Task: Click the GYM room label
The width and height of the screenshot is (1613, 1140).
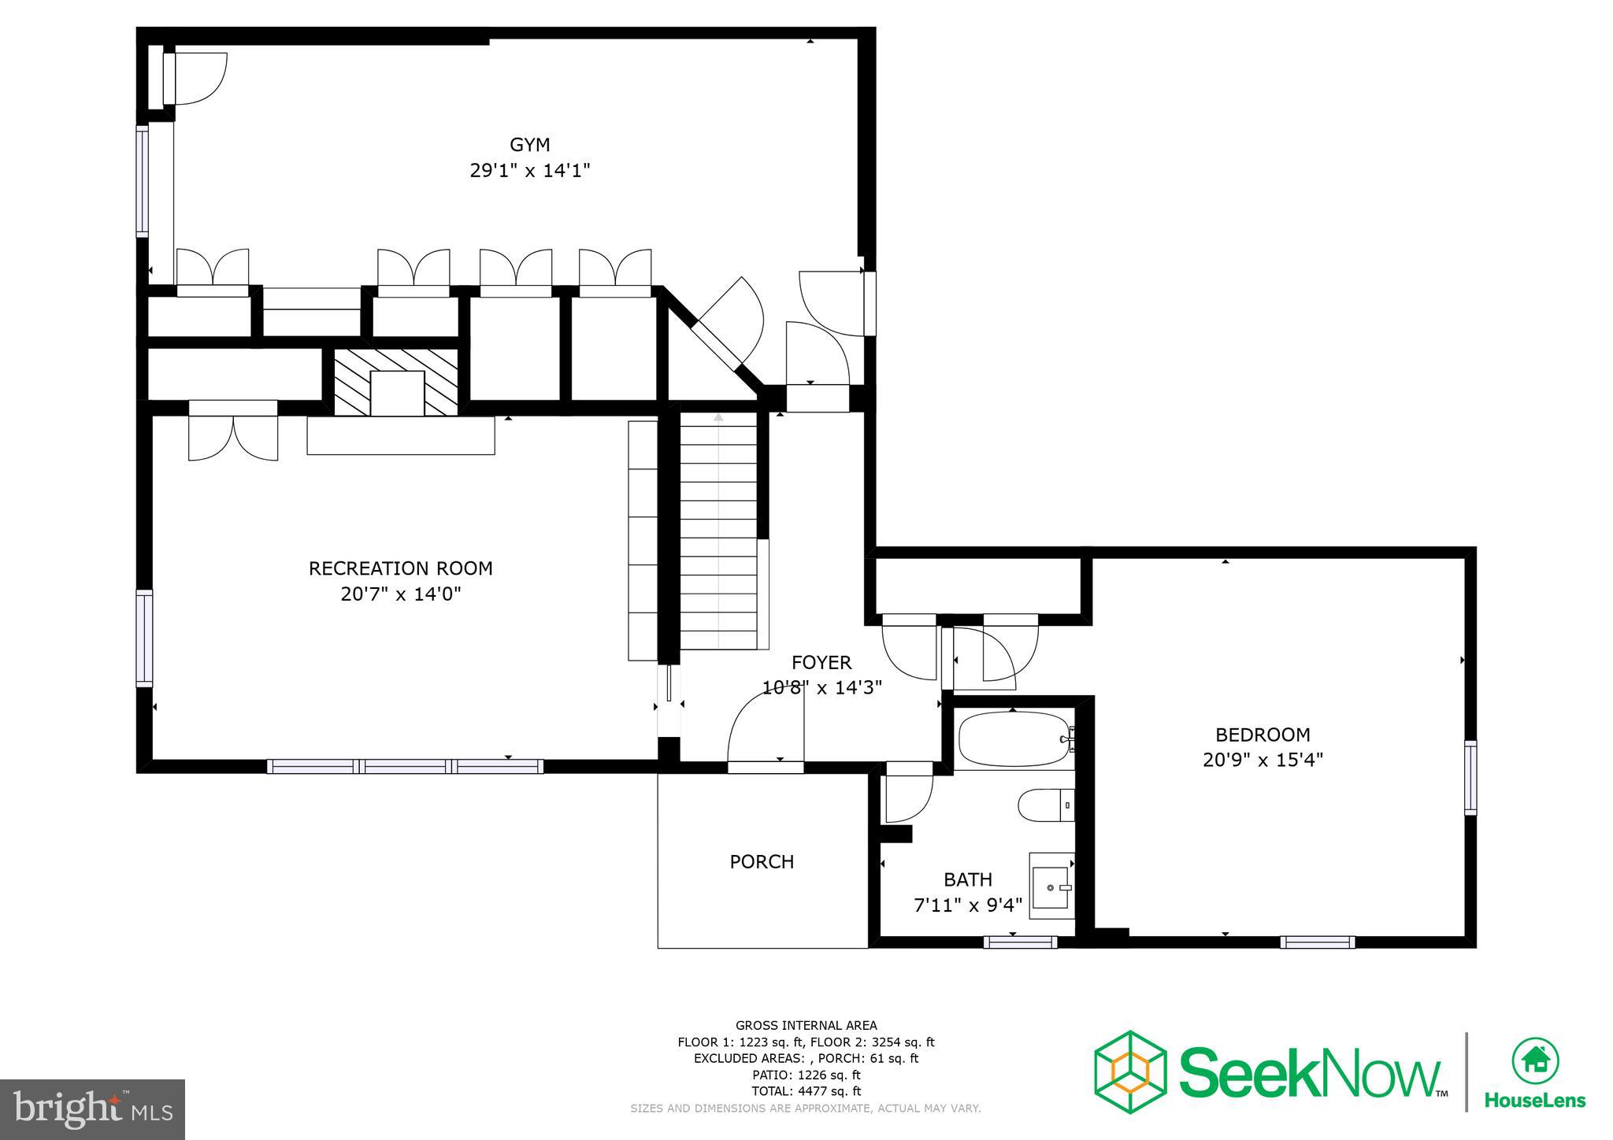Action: pyautogui.click(x=529, y=145)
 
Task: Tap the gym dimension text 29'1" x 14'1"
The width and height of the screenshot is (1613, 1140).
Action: pyautogui.click(x=529, y=170)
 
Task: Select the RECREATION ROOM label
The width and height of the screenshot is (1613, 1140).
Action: pyautogui.click(x=400, y=568)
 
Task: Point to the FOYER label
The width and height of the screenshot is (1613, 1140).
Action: pyautogui.click(x=821, y=663)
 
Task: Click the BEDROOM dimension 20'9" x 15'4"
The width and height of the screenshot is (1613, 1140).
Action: pyautogui.click(x=1263, y=760)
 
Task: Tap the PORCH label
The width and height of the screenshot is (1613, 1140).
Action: pyautogui.click(x=762, y=862)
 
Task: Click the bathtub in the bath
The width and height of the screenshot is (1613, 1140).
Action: pyautogui.click(x=1011, y=739)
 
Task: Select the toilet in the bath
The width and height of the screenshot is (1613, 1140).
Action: pyautogui.click(x=1044, y=805)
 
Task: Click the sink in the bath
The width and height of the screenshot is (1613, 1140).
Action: pyautogui.click(x=1051, y=886)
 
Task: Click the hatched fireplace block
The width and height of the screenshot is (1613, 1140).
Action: pyautogui.click(x=397, y=382)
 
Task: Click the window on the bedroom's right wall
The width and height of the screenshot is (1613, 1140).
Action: pyautogui.click(x=1470, y=777)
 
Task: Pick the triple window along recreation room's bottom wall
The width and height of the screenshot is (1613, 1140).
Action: pyautogui.click(x=405, y=766)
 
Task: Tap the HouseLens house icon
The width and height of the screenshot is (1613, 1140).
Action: pyautogui.click(x=1535, y=1060)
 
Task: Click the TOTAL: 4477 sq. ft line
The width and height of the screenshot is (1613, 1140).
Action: pyautogui.click(x=806, y=1091)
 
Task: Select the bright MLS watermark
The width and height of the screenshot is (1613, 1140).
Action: pyautogui.click(x=92, y=1109)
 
